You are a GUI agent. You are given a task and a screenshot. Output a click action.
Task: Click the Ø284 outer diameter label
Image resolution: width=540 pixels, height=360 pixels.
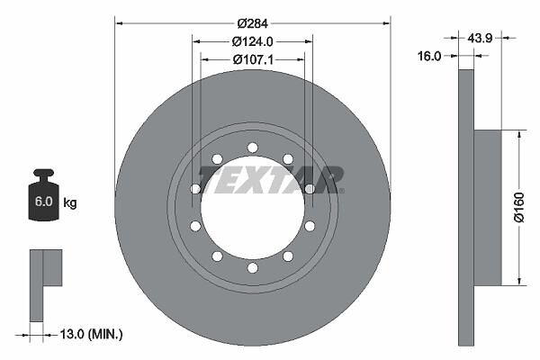(252, 23)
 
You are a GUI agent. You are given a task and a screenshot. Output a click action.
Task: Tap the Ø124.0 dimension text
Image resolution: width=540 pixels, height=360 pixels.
(252, 41)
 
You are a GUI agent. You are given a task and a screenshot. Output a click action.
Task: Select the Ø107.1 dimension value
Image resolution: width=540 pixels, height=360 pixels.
(253, 59)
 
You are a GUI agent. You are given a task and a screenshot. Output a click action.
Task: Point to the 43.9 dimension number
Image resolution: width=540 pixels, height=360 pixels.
(480, 38)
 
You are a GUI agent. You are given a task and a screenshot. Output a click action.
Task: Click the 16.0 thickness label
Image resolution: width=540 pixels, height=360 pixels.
(429, 56)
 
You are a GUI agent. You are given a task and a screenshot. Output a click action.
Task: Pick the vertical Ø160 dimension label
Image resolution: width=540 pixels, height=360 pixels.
(519, 207)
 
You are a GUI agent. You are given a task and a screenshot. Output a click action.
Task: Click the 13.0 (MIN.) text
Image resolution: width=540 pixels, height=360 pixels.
(91, 334)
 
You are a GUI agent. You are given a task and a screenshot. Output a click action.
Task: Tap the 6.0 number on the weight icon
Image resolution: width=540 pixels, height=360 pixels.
(44, 202)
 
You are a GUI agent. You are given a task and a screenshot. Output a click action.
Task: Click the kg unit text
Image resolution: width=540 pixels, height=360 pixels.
(70, 202)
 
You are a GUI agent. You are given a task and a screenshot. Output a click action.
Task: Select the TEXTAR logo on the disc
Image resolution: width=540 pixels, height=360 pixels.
(271, 180)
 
